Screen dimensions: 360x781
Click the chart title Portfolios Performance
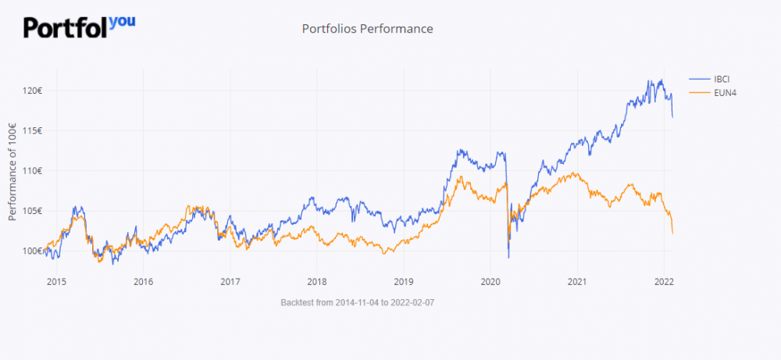click(367, 29)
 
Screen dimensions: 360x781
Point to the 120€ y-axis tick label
click(32, 91)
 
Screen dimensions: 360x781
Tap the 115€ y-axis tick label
click(32, 130)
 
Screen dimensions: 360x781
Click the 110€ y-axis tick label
click(32, 170)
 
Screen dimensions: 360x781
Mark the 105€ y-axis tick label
click(32, 211)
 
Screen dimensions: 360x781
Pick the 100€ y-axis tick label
click(32, 251)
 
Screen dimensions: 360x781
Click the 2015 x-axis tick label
click(55, 281)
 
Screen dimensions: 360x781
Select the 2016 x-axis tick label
click(143, 281)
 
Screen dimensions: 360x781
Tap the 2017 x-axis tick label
click(230, 281)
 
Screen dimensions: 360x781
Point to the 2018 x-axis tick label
click(316, 281)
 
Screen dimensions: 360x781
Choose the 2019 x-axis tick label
click(403, 281)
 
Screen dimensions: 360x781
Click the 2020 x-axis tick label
click(490, 281)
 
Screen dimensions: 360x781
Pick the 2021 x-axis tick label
click(577, 281)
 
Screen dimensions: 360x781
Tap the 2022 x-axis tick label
click(664, 281)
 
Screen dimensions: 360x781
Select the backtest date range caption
click(357, 301)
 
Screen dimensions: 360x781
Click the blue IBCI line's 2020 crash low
click(508, 257)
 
